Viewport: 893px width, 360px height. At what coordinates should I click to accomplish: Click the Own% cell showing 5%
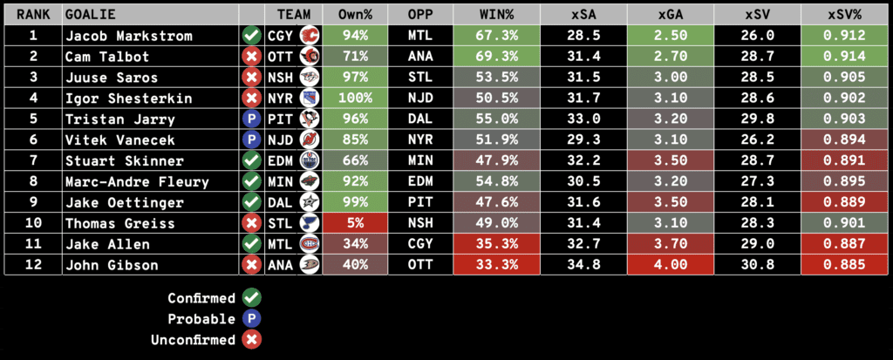tap(354, 224)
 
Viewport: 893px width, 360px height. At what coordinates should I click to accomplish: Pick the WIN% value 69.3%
tap(496, 57)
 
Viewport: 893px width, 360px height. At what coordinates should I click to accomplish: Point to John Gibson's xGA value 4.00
tap(669, 265)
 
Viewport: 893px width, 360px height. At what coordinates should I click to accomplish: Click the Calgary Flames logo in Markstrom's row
tap(309, 36)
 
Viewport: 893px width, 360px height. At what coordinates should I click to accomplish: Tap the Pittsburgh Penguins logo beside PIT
tap(309, 119)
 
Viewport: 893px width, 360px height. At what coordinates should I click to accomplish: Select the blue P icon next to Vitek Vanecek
tap(251, 140)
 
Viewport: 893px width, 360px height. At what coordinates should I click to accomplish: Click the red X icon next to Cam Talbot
tap(251, 57)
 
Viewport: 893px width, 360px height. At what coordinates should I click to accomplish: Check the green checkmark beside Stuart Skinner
tap(251, 161)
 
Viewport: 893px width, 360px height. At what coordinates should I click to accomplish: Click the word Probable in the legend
tap(202, 319)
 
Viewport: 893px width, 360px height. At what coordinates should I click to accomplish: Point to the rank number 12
tap(33, 265)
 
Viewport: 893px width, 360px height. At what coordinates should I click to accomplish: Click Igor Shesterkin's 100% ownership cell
tap(354, 98)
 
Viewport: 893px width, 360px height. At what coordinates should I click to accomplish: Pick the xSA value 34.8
tap(583, 265)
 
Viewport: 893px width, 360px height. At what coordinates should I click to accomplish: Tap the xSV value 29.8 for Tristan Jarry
tap(756, 119)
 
